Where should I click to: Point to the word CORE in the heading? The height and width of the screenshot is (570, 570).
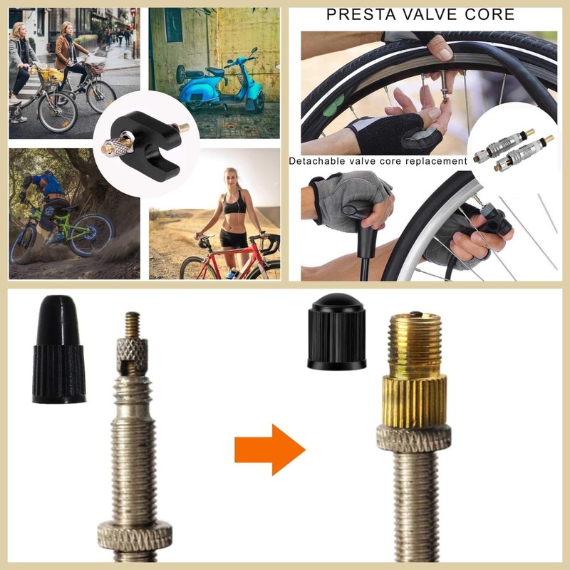click(489, 14)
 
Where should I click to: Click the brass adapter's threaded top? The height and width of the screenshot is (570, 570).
click(415, 338)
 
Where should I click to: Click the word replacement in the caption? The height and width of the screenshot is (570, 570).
click(435, 161)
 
